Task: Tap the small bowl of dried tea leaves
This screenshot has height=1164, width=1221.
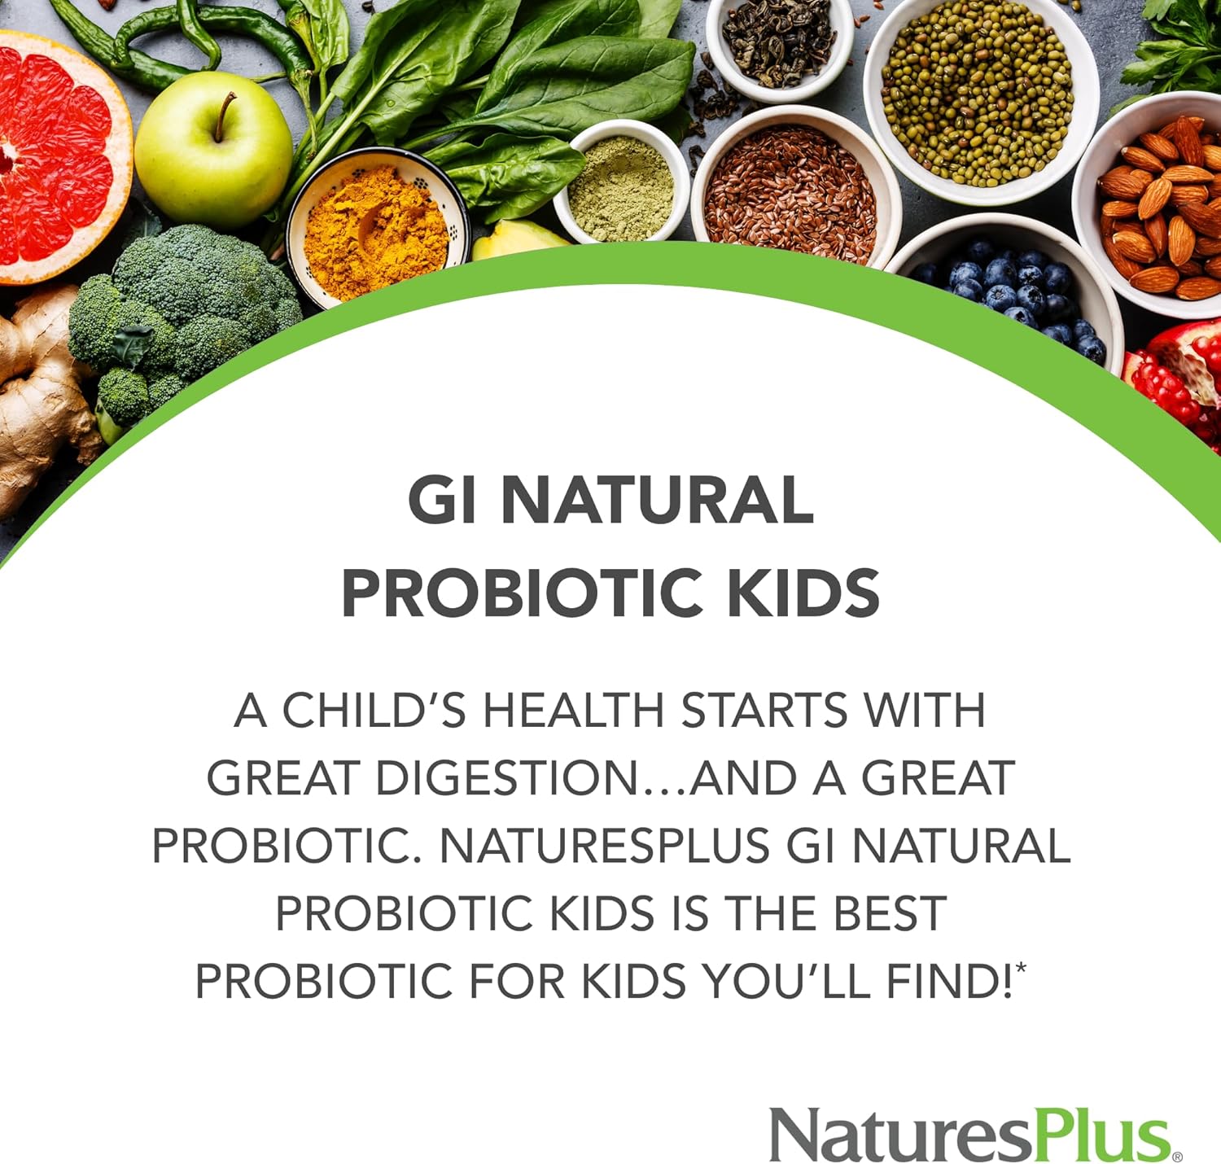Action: [x=777, y=41]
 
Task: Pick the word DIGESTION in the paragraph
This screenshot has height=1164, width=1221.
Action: [x=506, y=778]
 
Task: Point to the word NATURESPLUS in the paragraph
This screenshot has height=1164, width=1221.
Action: [x=604, y=846]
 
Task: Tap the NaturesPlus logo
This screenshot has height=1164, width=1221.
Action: [x=973, y=1134]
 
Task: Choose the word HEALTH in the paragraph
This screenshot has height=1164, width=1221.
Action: [x=573, y=710]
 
